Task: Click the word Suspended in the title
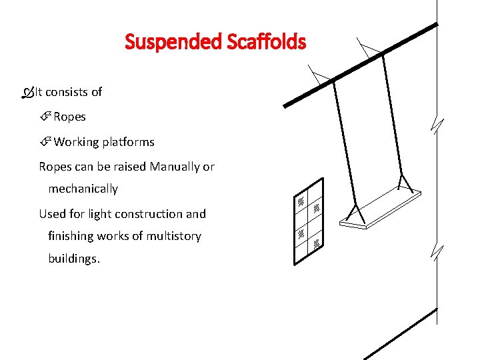[173, 43]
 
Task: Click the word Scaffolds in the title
[266, 43]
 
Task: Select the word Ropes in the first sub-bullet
[69, 117]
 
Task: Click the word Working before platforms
[77, 142]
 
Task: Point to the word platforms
[129, 142]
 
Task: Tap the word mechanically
[83, 189]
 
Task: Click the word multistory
[168, 236]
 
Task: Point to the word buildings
[73, 258]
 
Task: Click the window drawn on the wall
[309, 220]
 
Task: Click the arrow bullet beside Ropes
[45, 117]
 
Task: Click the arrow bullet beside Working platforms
[45, 142]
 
